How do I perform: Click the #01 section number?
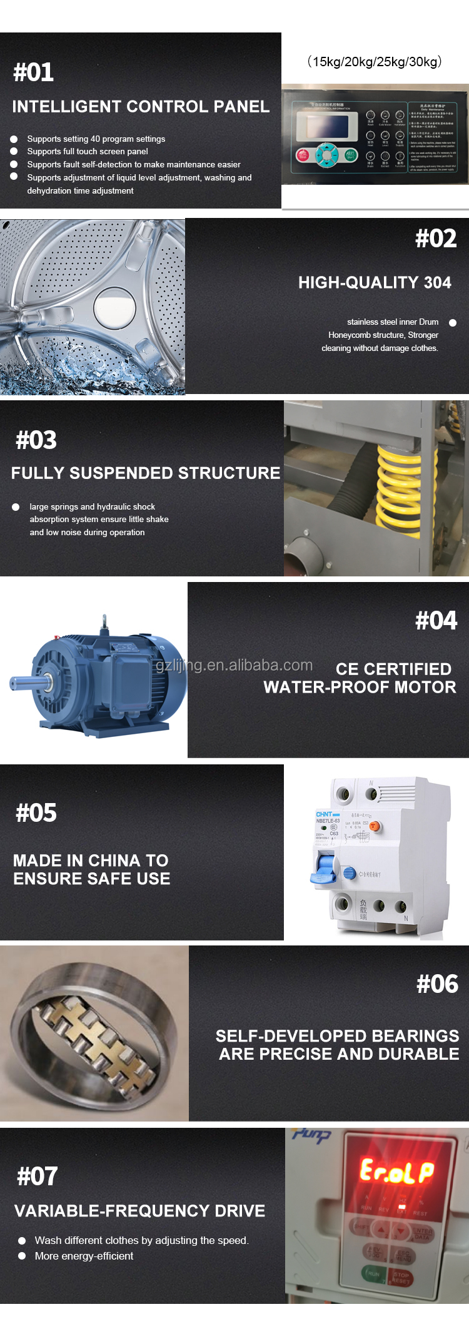34,72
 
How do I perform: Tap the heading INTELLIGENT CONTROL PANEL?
141,107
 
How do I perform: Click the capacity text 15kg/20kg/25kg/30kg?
374,62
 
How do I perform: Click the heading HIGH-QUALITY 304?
374,283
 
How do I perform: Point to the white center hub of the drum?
114,307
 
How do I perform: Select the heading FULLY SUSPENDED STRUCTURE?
145,473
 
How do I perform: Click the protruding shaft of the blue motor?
22,683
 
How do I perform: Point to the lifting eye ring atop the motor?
104,621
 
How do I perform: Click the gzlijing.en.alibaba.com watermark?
234,666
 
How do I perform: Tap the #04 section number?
436,621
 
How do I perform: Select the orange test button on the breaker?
375,827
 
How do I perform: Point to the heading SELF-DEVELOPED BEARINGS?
337,1036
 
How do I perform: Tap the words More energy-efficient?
84,1256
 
